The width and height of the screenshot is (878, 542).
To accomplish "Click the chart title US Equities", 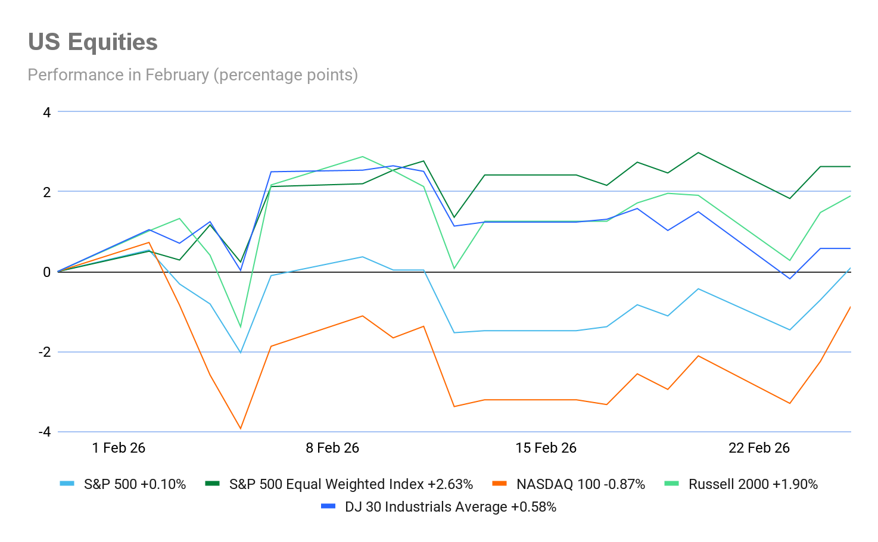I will click(x=93, y=42).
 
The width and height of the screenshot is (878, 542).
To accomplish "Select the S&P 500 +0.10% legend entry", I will click(x=135, y=484).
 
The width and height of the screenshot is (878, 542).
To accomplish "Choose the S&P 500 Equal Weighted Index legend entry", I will click(x=351, y=484).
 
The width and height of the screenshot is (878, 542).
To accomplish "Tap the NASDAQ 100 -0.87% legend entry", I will click(x=581, y=484).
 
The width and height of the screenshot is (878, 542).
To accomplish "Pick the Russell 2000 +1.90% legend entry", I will click(x=753, y=484).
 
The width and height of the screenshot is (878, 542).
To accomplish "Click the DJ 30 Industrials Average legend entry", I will click(x=450, y=507).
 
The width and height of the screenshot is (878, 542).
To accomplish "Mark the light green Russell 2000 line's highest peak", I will click(x=362, y=157).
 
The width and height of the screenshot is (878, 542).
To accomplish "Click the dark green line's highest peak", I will click(x=698, y=152).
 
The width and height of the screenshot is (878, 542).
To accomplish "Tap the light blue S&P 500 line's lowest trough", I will click(x=241, y=353).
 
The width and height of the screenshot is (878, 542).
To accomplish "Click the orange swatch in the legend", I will click(x=499, y=484).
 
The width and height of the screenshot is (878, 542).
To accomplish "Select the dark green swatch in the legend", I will click(x=212, y=484).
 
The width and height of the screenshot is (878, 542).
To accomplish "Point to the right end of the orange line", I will click(x=850, y=306).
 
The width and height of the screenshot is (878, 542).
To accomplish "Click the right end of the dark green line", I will click(x=850, y=167).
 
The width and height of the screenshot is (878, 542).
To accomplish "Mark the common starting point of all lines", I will click(x=58, y=272).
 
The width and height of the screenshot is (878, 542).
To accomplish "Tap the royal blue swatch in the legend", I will click(x=328, y=506).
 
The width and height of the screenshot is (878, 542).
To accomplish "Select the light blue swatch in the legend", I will click(x=67, y=484).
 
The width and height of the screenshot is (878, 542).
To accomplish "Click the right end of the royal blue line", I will click(x=850, y=248).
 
